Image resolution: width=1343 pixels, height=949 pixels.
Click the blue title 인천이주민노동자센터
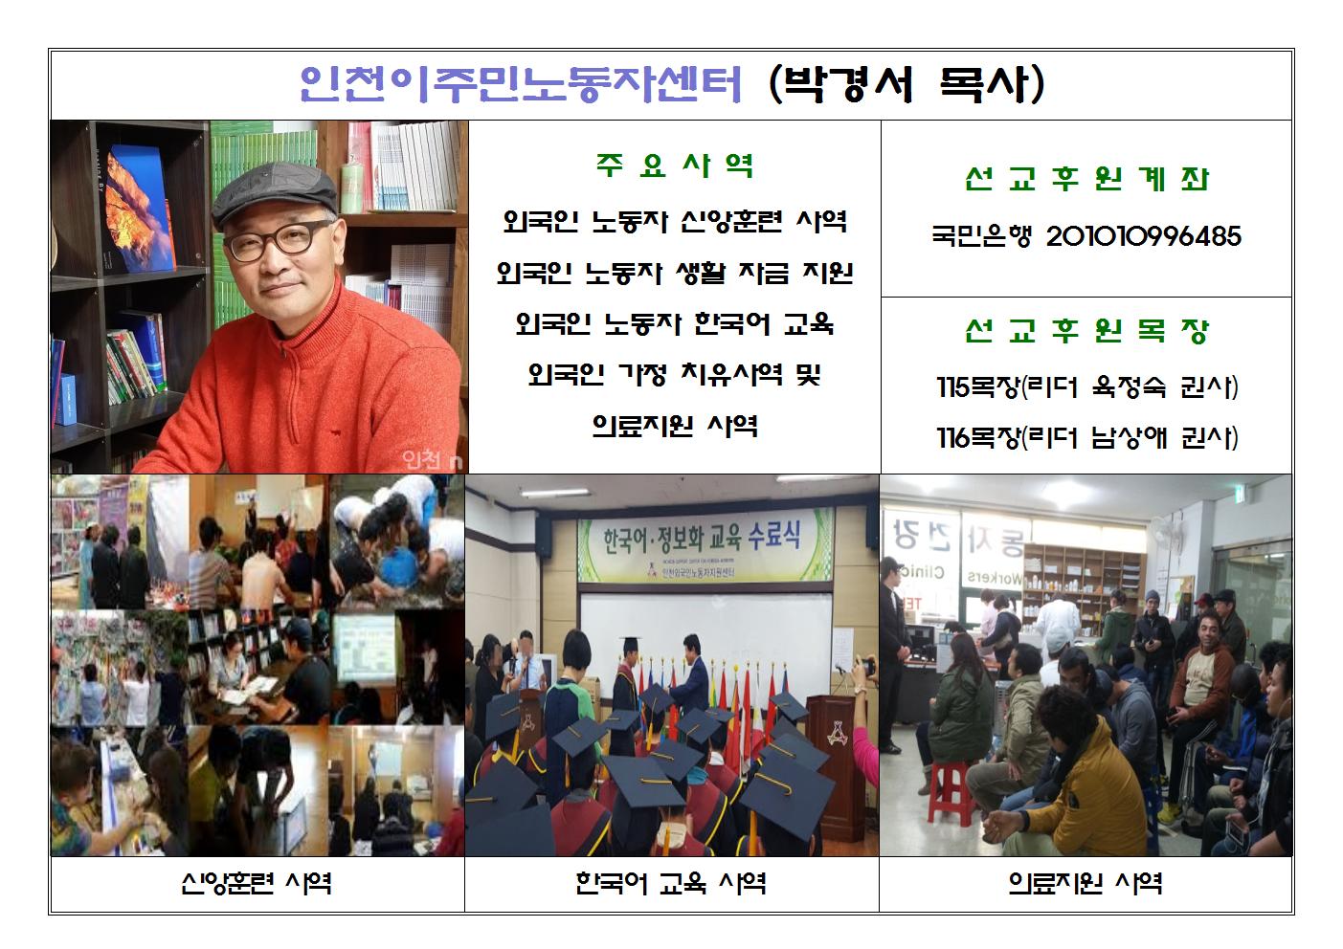tap(521, 84)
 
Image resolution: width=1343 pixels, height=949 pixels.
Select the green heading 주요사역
tap(675, 166)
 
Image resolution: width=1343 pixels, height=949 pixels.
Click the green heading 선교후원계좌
tap(1086, 179)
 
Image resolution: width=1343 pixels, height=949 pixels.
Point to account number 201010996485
tap(1143, 236)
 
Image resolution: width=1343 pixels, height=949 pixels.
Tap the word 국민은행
tap(981, 236)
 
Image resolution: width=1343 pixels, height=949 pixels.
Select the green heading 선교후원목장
tap(1086, 331)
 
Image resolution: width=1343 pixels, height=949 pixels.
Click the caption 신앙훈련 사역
tap(256, 882)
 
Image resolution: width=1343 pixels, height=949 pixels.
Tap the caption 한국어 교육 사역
tap(670, 882)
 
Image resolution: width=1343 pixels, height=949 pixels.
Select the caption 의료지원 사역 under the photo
tap(1086, 882)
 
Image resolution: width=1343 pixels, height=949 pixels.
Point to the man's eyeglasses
tap(277, 241)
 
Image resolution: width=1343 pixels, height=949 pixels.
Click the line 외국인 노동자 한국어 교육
tap(675, 324)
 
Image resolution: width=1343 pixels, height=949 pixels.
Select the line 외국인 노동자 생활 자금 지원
tap(675, 274)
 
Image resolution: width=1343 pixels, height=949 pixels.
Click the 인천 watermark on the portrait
tap(423, 459)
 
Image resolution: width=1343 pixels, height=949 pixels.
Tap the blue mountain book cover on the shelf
tap(139, 209)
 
